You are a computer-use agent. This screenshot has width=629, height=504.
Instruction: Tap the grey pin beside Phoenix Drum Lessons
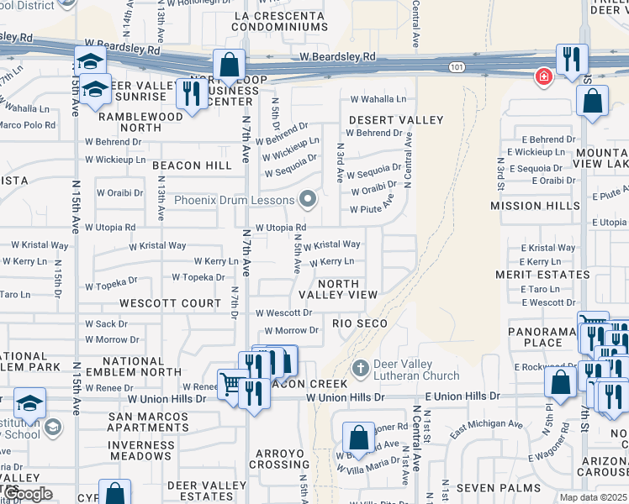pyautogui.click(x=309, y=200)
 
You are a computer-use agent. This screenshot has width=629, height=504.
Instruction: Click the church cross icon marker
pyautogui.click(x=360, y=369)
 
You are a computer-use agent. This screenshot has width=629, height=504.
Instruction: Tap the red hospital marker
pyautogui.click(x=544, y=76)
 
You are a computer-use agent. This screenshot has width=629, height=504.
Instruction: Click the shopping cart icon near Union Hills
pyautogui.click(x=230, y=385)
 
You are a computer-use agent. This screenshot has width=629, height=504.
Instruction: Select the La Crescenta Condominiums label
pyautogui.click(x=280, y=21)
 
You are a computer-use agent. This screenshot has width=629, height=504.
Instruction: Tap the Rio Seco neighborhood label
pyautogui.click(x=360, y=323)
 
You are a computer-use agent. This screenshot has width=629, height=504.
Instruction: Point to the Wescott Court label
pyautogui.click(x=170, y=302)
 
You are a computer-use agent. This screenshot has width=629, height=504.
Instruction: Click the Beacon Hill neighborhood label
pyautogui.click(x=193, y=165)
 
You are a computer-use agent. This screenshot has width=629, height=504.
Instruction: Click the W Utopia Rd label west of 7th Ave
pyautogui.click(x=107, y=228)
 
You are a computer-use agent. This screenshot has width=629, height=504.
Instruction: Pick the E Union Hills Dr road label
pyautogui.click(x=462, y=396)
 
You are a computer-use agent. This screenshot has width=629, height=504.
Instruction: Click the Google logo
pyautogui.click(x=29, y=494)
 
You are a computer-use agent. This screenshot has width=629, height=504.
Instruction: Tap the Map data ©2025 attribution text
pyautogui.click(x=594, y=497)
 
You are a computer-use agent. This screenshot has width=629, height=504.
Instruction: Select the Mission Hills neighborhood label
pyautogui.click(x=535, y=206)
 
